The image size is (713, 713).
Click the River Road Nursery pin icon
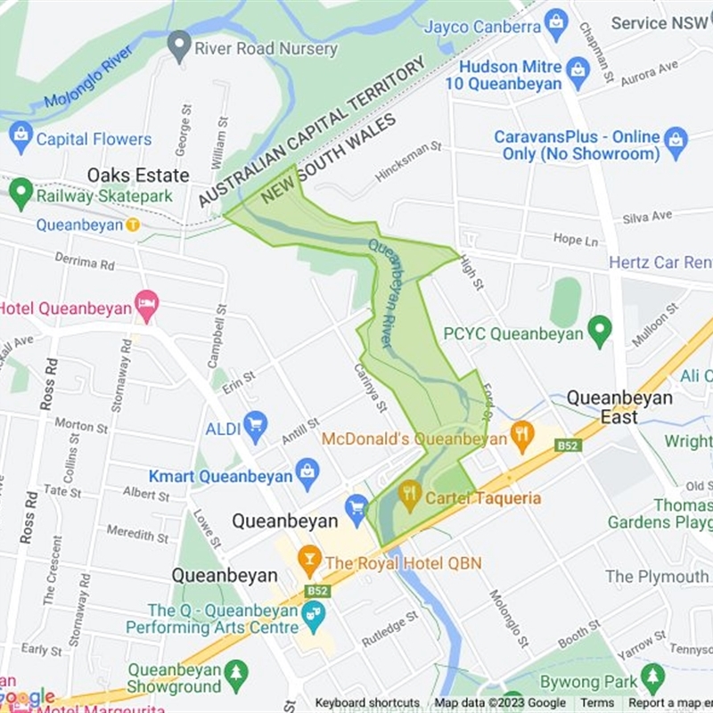(180, 45)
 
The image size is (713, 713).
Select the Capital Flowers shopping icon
(20, 138)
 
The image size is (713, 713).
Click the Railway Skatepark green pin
(20, 191)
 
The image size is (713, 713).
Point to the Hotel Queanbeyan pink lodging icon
(146, 305)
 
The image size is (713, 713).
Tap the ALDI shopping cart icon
(256, 427)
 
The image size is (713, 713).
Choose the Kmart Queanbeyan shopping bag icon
(307, 473)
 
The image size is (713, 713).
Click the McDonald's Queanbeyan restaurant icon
(521, 437)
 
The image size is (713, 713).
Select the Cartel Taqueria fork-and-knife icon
(409, 495)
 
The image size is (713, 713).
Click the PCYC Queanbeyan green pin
(600, 332)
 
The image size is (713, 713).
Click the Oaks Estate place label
(138, 175)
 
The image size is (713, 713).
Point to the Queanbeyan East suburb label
(619, 407)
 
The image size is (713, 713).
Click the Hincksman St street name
(408, 160)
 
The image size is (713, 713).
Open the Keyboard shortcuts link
(367, 703)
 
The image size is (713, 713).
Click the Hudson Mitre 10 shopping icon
(578, 74)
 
